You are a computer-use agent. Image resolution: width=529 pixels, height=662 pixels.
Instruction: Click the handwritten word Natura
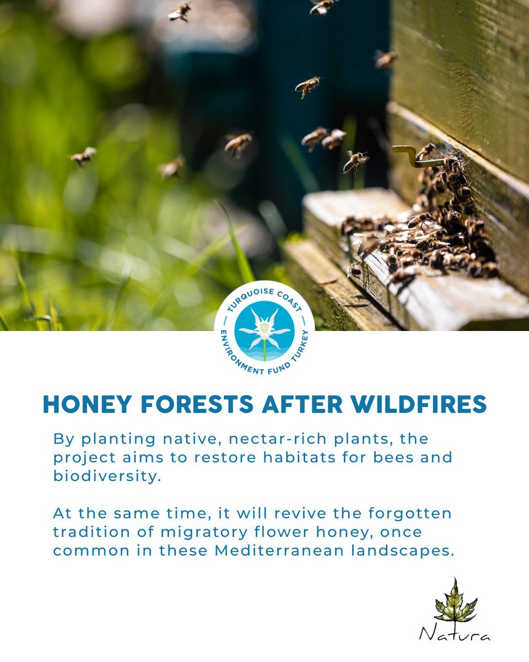455,633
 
